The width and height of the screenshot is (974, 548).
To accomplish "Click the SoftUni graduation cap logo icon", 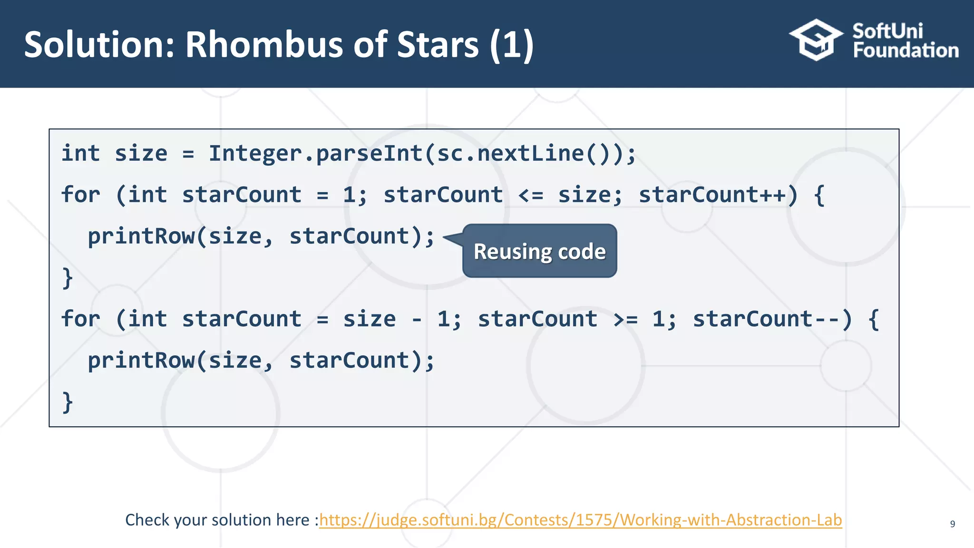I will coord(816,40).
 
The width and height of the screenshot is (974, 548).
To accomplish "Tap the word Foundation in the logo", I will coord(906,50).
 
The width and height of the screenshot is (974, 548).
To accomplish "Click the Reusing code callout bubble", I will coord(539,251).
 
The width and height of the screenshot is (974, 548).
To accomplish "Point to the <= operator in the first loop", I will coord(530,195).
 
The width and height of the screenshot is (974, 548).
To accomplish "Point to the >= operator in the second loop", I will coord(625,319).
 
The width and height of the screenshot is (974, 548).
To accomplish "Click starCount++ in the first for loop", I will coord(711,195).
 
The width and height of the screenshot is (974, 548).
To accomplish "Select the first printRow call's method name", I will coord(141,236).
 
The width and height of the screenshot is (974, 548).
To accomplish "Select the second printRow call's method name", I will coord(141,361).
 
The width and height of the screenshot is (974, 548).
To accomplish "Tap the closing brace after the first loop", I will coord(68,278).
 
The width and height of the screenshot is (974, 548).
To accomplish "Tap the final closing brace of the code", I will coord(68,402).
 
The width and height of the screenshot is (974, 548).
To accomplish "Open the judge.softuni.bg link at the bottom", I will coord(580,520).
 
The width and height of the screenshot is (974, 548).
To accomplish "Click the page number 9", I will coord(952,524).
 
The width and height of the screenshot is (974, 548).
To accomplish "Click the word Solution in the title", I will coord(99,45).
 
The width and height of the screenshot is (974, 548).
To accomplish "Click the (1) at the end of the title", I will coord(512,45).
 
